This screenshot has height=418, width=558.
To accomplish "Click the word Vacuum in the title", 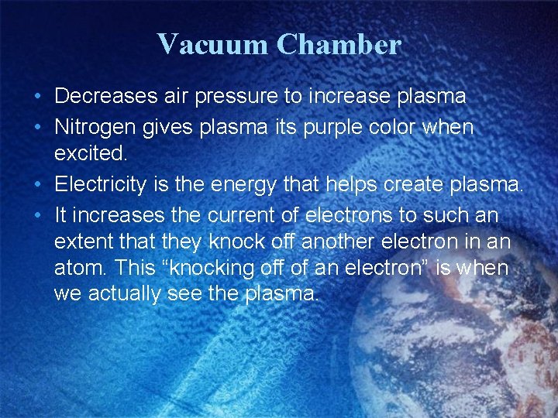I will tap(212, 44).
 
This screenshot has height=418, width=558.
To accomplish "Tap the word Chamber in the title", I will tap(339, 44).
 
